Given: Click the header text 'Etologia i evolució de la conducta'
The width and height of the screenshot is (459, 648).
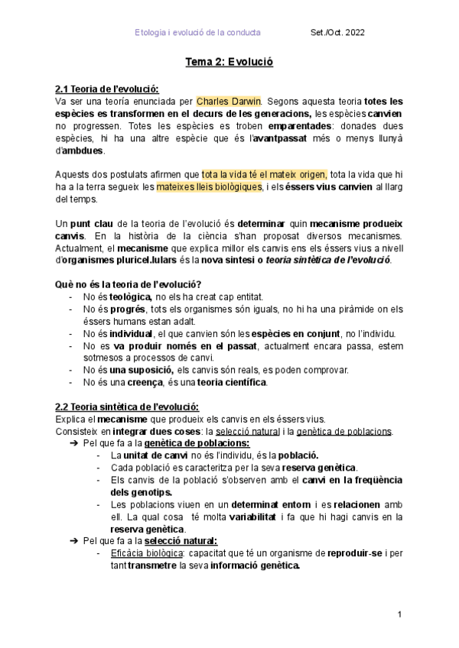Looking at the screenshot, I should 197,33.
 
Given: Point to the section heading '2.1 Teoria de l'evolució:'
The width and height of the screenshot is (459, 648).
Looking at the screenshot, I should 107,89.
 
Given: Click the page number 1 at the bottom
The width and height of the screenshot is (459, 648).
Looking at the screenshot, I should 400,615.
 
